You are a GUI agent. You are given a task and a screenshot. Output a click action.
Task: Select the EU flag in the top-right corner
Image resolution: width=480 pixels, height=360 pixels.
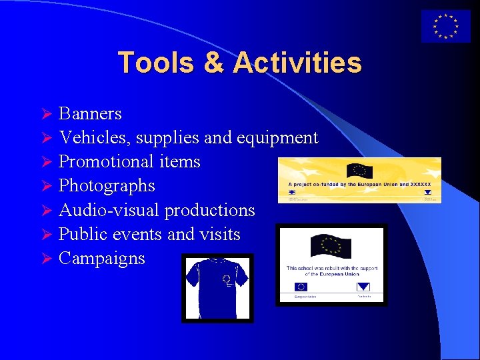pos(445,27)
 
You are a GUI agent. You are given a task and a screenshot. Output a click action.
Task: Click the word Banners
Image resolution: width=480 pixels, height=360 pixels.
pos(90,113)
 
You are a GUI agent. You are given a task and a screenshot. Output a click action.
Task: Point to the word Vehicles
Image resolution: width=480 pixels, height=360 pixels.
pos(94,137)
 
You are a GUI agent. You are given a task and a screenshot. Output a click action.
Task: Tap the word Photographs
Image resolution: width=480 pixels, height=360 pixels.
pos(107,186)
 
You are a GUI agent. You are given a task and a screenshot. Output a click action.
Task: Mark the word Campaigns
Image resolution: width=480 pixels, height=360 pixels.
pos(101,258)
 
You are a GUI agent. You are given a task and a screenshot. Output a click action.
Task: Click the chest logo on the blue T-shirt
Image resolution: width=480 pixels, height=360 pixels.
pos(227,279)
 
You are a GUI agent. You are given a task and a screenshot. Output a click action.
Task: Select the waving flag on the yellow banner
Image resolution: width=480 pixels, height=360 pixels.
pos(360,170)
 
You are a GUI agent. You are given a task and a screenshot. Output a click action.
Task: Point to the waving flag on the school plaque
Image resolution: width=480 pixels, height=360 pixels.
pos(331,248)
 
